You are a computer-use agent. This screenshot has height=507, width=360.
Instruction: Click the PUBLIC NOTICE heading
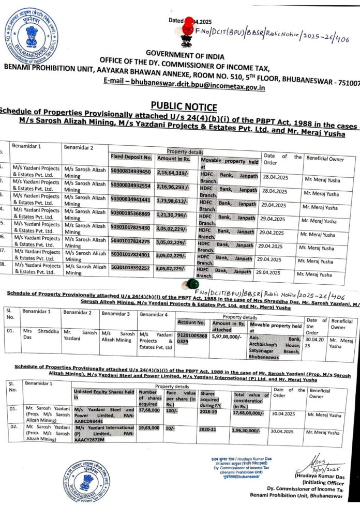pos(184,107)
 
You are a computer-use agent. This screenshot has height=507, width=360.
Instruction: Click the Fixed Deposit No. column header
pos(131,157)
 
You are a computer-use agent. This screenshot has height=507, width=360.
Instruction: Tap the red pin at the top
pos(187,24)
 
